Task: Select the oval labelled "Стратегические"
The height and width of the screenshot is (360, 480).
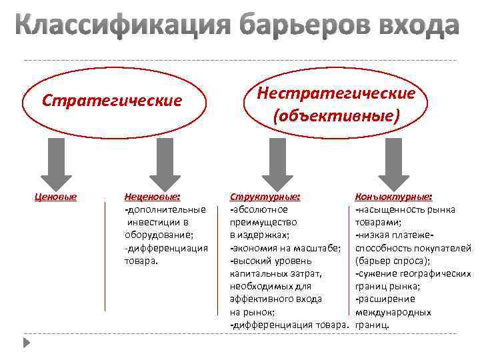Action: point(111,101)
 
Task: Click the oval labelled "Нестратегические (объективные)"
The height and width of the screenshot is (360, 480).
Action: point(337,104)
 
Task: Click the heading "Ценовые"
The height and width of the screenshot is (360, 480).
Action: point(55,197)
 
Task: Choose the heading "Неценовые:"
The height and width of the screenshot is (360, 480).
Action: point(153,197)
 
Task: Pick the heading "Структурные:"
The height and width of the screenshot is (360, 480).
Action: point(265,197)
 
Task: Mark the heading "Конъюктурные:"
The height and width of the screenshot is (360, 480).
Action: point(393,197)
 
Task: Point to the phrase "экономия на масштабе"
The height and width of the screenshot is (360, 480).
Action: point(286,248)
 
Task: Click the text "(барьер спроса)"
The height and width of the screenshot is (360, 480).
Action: point(392,261)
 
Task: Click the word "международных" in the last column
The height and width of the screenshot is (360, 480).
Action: point(393,312)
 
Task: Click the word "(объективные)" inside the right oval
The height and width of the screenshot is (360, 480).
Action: point(337,116)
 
